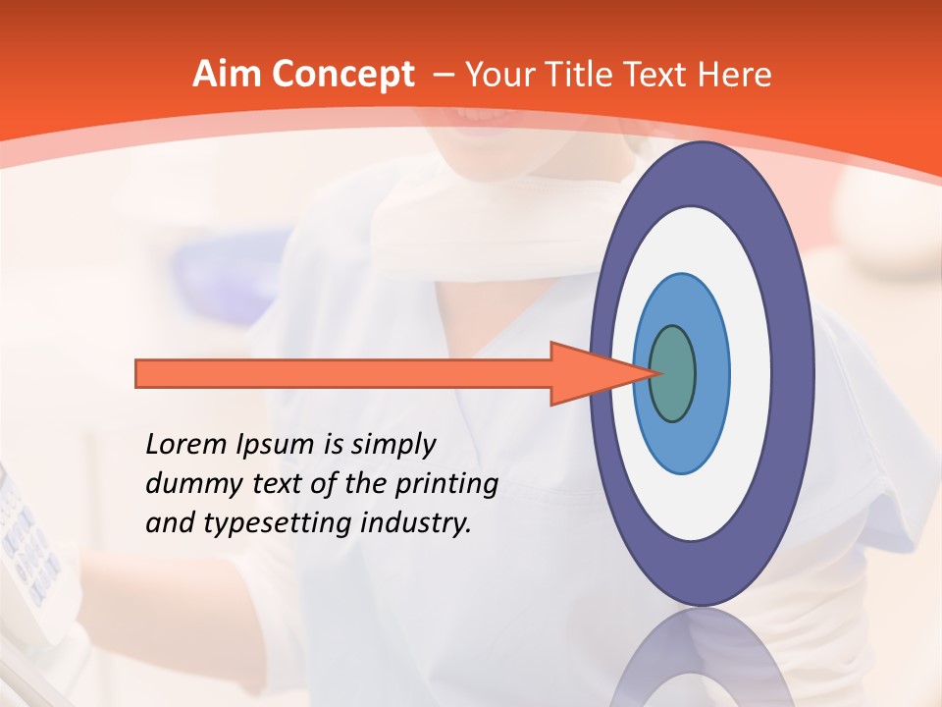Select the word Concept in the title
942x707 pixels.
click(x=343, y=75)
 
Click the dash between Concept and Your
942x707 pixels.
click(x=442, y=76)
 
